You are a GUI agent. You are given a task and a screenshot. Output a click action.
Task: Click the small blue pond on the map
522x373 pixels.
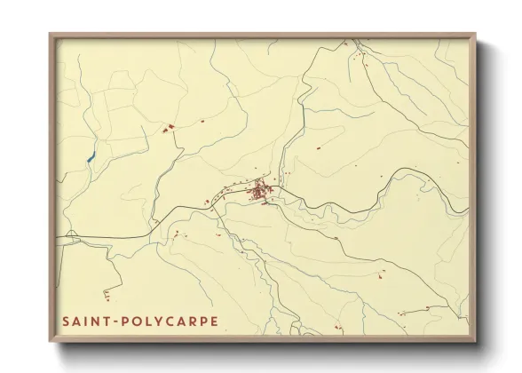click(x=90, y=160)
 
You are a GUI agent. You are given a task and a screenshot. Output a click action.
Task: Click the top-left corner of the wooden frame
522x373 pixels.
click(x=51, y=36)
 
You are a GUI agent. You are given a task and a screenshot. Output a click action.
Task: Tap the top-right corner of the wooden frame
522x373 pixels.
click(x=475, y=36)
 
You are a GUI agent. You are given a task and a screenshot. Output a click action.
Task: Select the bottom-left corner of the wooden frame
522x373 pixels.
click(x=51, y=342)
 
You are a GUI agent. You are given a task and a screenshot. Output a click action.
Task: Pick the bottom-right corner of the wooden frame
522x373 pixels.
click(x=475, y=342)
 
